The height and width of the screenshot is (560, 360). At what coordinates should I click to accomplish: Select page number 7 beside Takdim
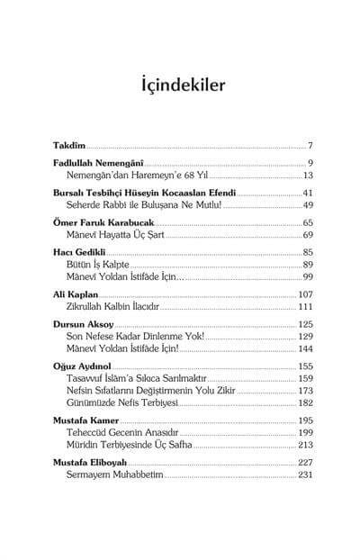[309, 145]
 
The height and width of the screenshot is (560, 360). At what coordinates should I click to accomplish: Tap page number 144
[304, 348]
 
